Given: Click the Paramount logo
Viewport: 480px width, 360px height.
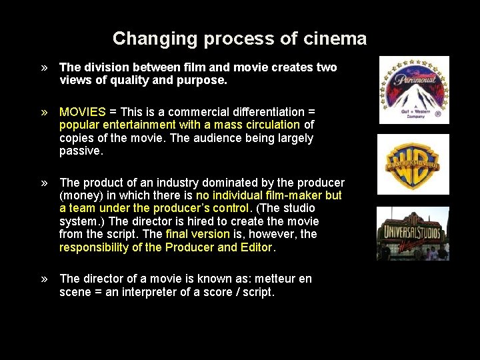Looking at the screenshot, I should (x=414, y=90).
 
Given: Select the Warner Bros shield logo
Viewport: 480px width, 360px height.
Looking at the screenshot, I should (x=413, y=164).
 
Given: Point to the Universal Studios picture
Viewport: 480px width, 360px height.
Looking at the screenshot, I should (x=413, y=233).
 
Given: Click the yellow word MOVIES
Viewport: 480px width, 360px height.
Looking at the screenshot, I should (x=83, y=112).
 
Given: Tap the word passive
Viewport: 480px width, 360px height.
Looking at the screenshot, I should (x=80, y=151).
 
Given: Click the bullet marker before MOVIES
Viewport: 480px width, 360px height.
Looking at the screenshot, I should (x=44, y=112).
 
